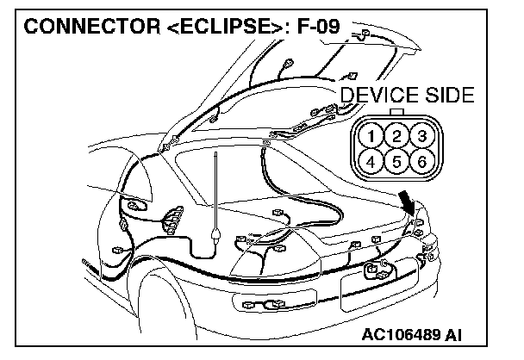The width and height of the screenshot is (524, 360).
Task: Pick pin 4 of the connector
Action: point(369,161)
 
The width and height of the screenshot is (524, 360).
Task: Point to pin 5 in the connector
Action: point(395,161)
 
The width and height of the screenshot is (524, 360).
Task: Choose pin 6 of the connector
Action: point(421,161)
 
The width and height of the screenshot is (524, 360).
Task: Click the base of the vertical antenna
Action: point(213,233)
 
